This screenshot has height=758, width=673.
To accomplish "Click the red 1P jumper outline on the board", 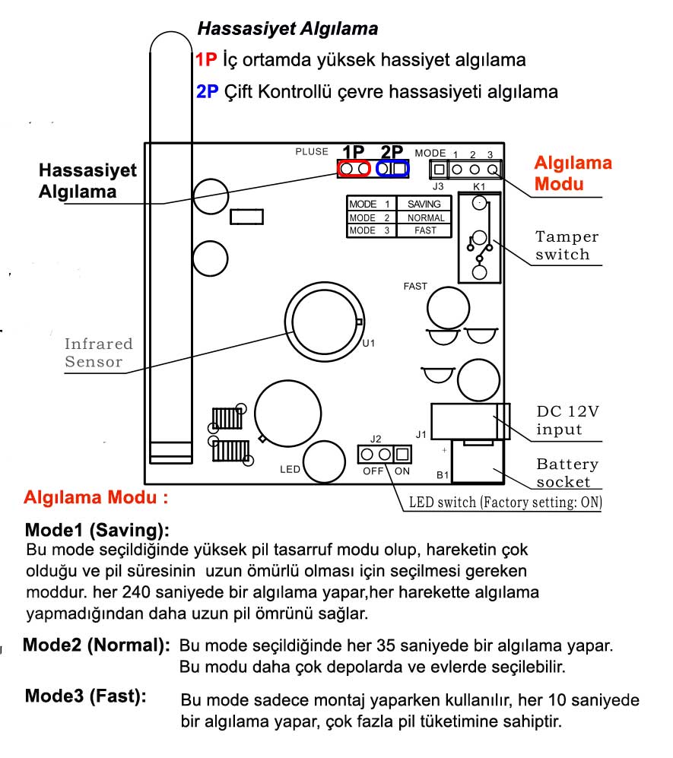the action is [x=354, y=161].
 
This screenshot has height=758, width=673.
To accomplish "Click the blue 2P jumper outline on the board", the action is [x=392, y=161].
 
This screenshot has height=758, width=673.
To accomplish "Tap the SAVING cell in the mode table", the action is [x=424, y=204].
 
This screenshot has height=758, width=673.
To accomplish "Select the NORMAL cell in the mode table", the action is [x=425, y=218].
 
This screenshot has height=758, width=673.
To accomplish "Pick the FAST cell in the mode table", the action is [x=425, y=230].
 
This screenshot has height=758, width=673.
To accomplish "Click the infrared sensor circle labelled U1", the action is [x=286, y=322].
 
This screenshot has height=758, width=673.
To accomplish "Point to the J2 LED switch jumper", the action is [x=384, y=455].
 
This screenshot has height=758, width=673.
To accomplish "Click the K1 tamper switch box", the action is [x=459, y=237].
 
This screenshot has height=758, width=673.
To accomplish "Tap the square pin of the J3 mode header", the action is [x=439, y=170].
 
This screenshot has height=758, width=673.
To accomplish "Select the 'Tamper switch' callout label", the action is [x=567, y=246].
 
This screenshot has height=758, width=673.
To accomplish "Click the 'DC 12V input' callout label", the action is [x=567, y=420].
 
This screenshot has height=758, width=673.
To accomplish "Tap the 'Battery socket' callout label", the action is [x=567, y=473].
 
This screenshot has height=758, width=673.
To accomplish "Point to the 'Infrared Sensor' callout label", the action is [x=99, y=353].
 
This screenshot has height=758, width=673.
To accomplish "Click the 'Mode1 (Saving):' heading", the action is [x=97, y=531].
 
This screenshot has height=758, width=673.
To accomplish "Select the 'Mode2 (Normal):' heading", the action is [x=97, y=645].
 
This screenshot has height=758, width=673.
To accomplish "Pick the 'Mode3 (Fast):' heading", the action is [x=86, y=696].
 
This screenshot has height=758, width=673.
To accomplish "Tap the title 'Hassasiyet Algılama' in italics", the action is [x=287, y=29].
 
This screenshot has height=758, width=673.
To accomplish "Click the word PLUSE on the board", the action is [x=312, y=152].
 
